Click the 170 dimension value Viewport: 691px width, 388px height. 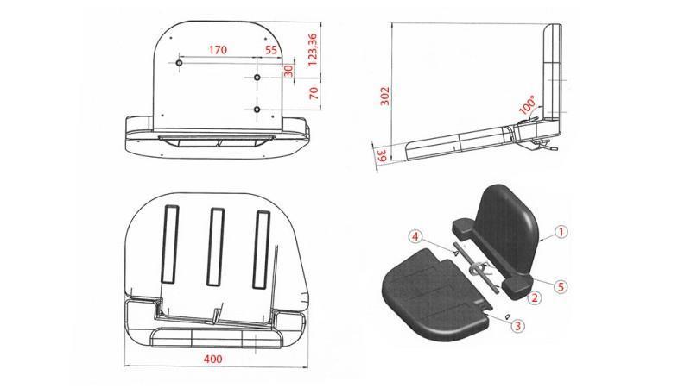tap(217, 50)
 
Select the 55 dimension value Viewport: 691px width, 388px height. tap(271, 50)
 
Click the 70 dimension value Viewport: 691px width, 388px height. tap(314, 92)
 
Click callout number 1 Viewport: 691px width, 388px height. tap(560, 231)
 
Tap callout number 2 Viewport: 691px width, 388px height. tap(536, 297)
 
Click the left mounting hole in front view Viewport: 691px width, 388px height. tap(179, 64)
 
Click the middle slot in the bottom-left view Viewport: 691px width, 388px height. tap(213, 249)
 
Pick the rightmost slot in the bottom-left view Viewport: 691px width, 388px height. tap(258, 249)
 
